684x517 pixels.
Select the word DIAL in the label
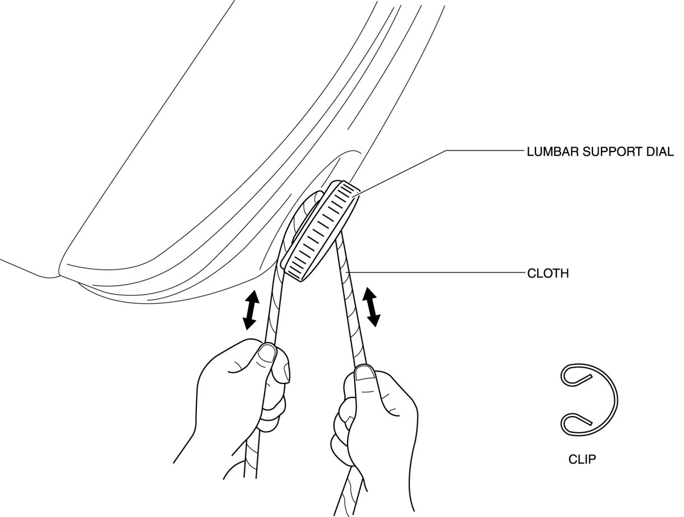(660, 152)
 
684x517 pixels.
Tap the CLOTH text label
(548, 274)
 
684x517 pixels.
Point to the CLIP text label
(582, 460)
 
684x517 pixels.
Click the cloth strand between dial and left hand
(276, 303)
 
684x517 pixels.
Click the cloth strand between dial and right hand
(351, 303)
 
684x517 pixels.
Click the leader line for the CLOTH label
(437, 273)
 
